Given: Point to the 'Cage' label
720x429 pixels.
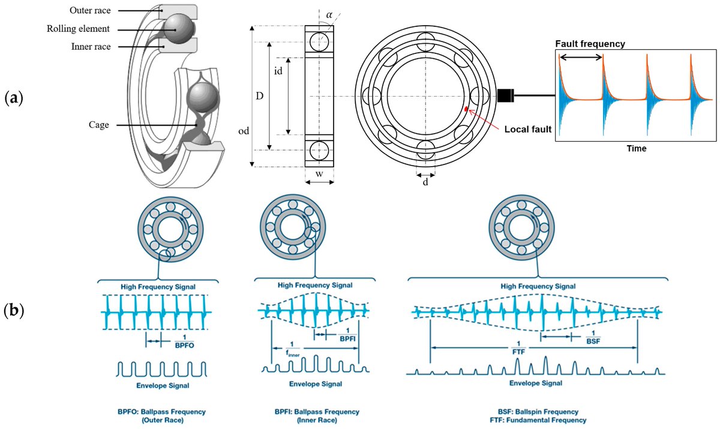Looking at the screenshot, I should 98,125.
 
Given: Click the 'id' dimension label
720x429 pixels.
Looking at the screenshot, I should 278,71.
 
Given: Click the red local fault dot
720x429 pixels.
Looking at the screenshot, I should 466,109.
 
